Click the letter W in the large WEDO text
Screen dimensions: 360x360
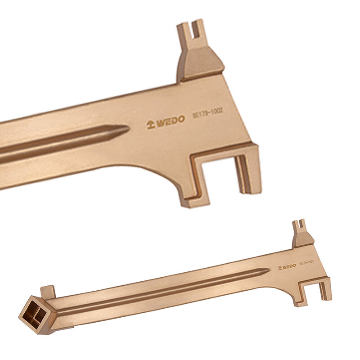click(x=161, y=122)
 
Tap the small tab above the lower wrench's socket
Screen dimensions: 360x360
click(x=48, y=290)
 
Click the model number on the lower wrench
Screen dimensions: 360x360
click(x=306, y=262)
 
